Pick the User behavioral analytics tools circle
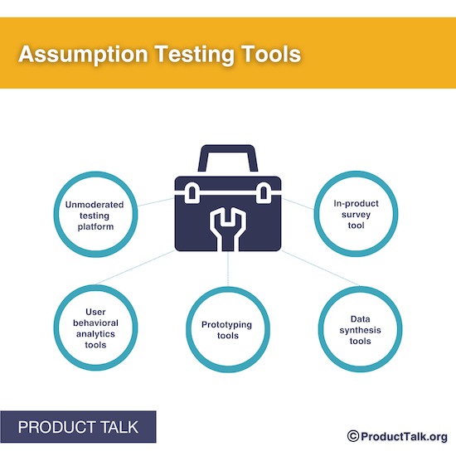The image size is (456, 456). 95,329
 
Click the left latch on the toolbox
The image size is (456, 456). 192,194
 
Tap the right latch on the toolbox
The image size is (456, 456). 264,194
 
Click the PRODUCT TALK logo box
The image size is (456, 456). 78,428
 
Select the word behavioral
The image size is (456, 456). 95,323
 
